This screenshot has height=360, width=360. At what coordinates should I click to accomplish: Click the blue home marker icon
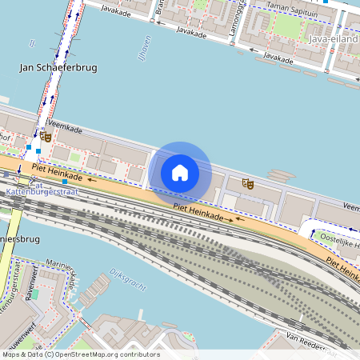(180, 172)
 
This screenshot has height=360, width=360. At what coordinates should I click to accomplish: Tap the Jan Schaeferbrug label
(58, 68)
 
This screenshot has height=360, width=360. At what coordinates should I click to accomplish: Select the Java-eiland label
(333, 38)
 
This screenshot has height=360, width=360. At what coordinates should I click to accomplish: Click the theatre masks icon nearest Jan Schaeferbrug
(46, 138)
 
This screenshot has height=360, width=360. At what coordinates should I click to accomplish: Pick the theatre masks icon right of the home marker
(248, 184)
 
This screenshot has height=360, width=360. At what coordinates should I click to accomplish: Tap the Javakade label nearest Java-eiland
(279, 58)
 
